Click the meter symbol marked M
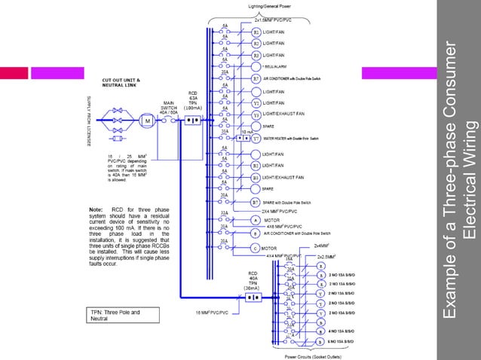[x=149, y=120]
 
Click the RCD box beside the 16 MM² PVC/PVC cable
[x=253, y=297]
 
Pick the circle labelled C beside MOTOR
[x=256, y=248]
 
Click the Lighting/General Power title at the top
[x=269, y=6]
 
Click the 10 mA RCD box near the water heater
[x=244, y=139]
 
